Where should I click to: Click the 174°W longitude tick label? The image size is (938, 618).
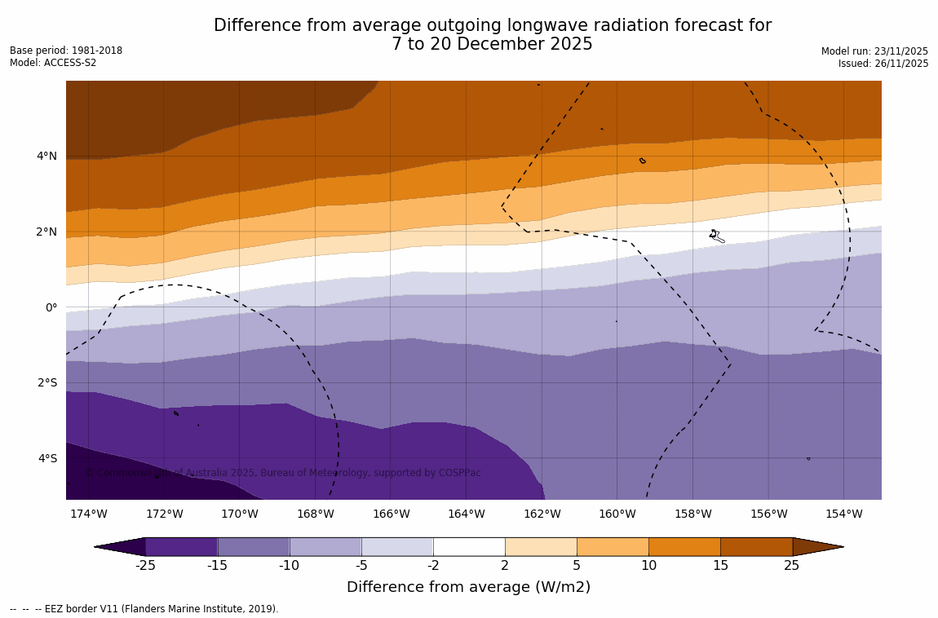click(x=88, y=514)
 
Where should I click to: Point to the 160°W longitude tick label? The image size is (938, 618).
click(x=617, y=514)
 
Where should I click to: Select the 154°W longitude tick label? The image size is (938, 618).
click(x=843, y=514)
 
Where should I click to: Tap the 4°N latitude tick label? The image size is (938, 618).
click(x=47, y=157)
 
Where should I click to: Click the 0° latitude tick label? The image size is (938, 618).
click(x=51, y=307)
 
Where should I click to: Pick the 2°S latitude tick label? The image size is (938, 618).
click(x=47, y=382)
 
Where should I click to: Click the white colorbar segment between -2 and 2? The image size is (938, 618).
click(x=469, y=546)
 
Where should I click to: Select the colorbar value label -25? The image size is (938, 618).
click(x=145, y=566)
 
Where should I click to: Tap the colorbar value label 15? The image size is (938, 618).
click(x=720, y=566)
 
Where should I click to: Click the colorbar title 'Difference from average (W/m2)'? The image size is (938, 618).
click(x=468, y=587)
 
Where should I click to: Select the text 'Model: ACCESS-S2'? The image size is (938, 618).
click(x=53, y=63)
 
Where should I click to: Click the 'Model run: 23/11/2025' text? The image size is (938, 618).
click(x=874, y=51)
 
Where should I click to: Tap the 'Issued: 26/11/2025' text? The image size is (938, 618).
click(x=883, y=64)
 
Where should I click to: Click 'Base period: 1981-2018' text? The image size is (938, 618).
click(x=66, y=51)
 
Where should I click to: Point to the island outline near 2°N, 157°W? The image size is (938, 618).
click(x=716, y=236)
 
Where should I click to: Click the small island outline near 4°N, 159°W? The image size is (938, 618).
click(x=643, y=161)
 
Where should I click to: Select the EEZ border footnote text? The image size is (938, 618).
click(x=144, y=609)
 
